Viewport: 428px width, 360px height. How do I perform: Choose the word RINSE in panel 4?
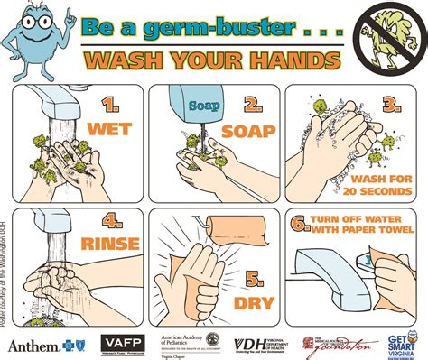[x=109, y=243]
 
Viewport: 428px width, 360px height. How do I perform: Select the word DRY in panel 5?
[x=256, y=302]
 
